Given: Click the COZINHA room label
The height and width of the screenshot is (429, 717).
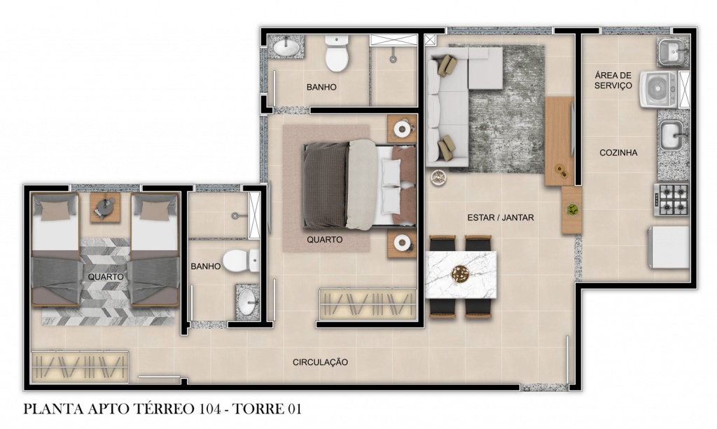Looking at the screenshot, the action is tap(618, 153).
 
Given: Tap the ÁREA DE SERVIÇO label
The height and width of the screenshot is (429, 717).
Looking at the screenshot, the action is tap(613, 80).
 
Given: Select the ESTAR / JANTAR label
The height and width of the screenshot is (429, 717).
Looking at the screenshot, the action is tap(500, 217).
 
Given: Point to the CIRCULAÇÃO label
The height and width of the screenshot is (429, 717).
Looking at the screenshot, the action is tap(320, 362).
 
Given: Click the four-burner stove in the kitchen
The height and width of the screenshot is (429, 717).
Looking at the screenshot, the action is tap(671, 199).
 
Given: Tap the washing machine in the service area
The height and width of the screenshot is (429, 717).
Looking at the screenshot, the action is tap(658, 89).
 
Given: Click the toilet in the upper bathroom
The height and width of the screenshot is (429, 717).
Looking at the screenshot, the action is tap(337, 53).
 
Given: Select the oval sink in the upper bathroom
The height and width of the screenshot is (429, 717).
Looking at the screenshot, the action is tap(286, 47).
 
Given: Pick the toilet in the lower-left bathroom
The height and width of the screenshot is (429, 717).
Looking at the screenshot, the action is tap(241, 261).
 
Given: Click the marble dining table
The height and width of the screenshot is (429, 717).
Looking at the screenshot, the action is tap(461, 275).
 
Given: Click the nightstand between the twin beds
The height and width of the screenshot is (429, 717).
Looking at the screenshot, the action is tap(105, 207).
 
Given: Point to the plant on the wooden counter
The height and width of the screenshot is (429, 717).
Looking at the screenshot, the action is tap(571, 210).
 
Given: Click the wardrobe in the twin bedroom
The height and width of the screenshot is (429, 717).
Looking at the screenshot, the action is tap(80, 367).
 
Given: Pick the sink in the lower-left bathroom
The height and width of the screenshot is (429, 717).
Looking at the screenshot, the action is tap(248, 301).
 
